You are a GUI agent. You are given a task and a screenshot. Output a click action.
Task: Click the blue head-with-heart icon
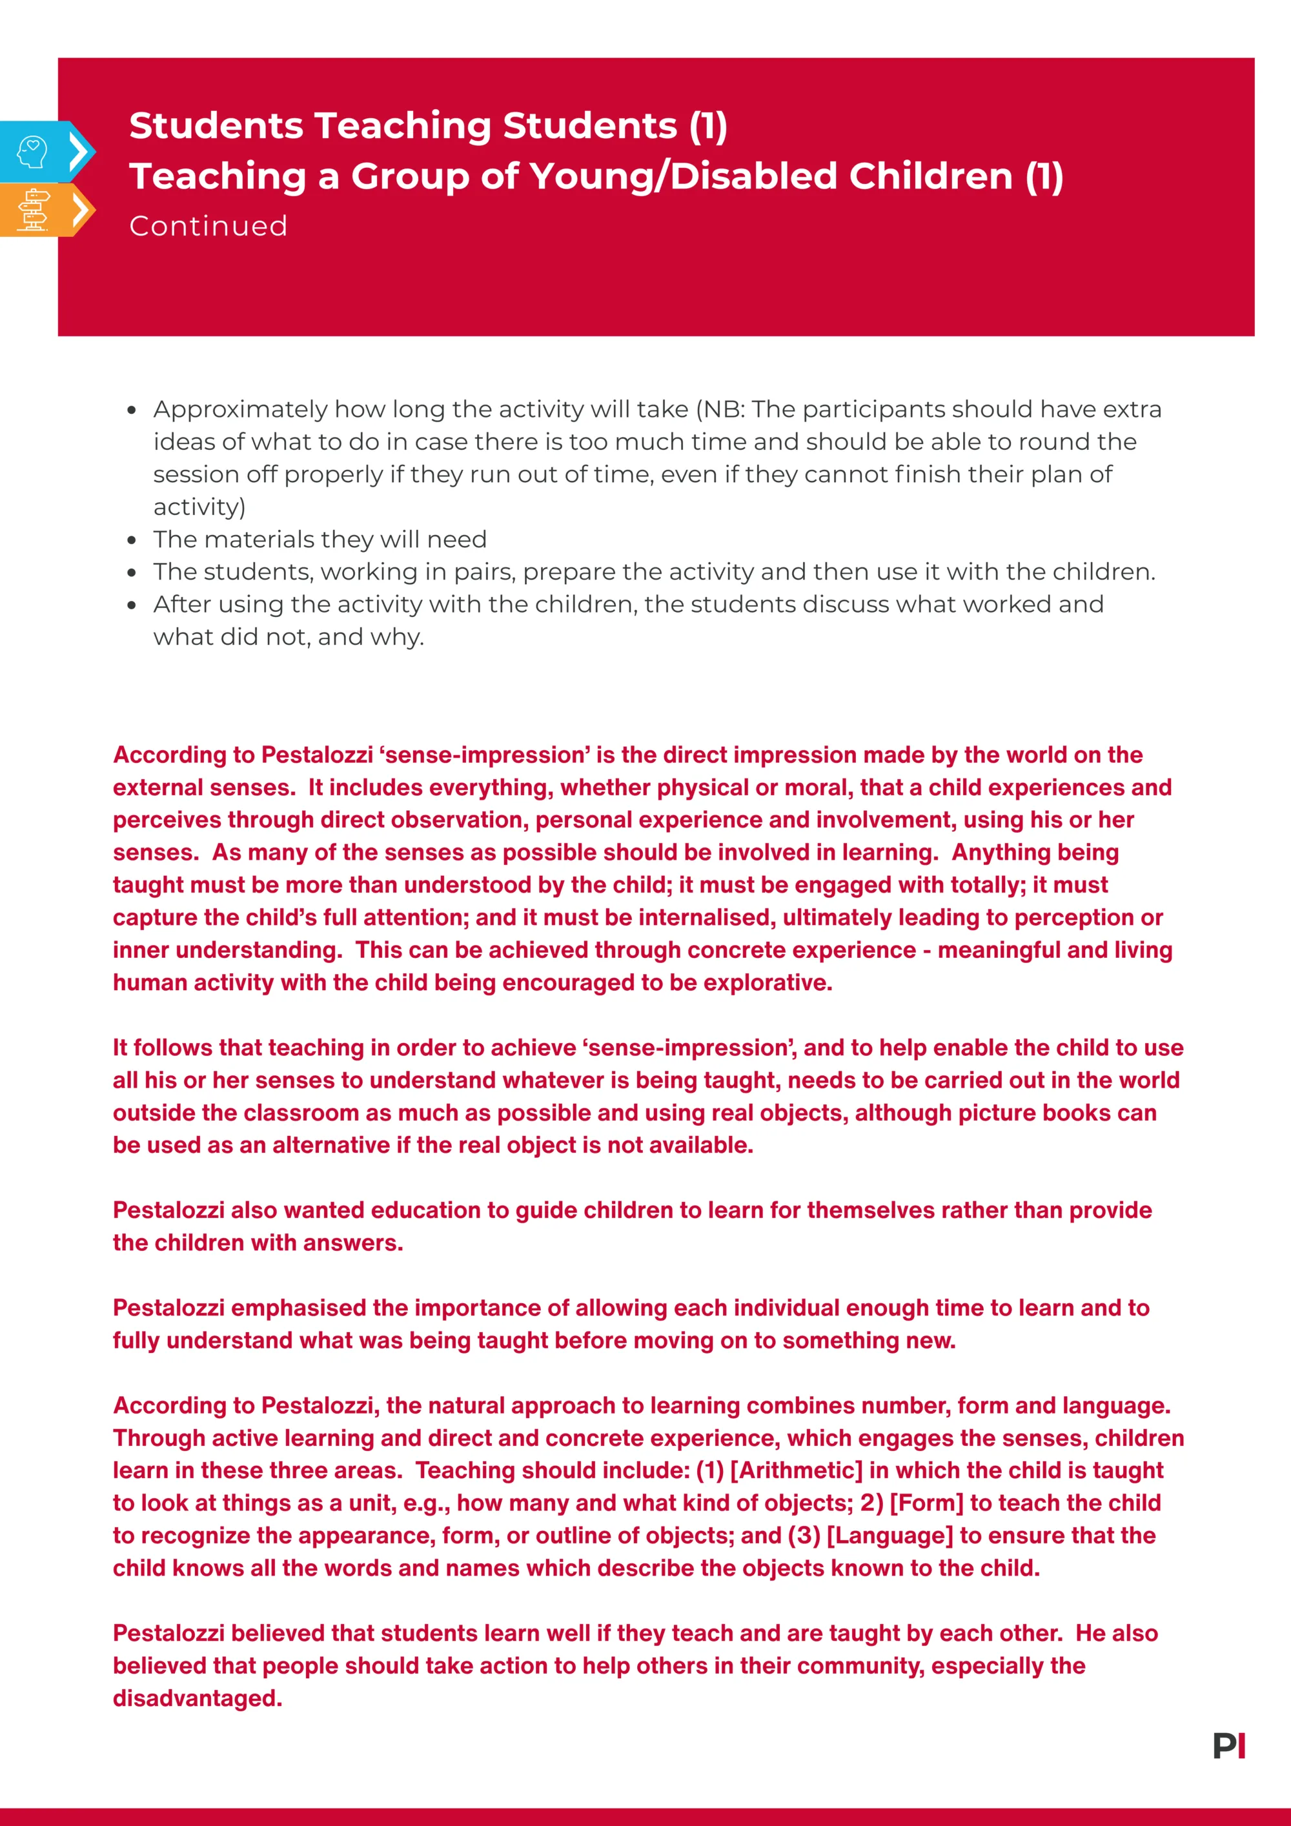click(x=32, y=151)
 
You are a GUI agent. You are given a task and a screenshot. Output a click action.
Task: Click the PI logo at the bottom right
click(x=1229, y=1746)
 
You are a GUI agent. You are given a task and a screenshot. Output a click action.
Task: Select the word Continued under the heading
click(x=208, y=227)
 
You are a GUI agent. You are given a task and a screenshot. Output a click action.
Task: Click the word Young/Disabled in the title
click(x=771, y=177)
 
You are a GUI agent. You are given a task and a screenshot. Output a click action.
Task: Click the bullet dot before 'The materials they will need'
click(x=132, y=541)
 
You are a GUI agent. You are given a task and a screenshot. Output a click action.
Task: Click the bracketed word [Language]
click(x=889, y=1536)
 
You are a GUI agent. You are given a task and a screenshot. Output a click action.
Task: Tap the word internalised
click(x=706, y=918)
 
